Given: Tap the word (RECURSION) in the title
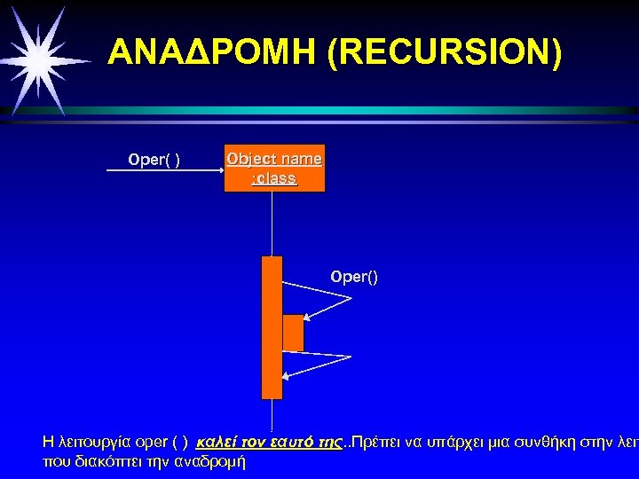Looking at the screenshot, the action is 444,53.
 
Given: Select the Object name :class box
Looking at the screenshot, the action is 274,169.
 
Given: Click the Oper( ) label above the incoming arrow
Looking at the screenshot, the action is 154,160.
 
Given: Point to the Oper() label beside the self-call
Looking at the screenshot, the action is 354,277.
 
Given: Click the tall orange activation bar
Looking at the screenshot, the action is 272,327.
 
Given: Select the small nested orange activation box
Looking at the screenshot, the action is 293,333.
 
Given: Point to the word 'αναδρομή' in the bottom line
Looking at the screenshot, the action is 214,461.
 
